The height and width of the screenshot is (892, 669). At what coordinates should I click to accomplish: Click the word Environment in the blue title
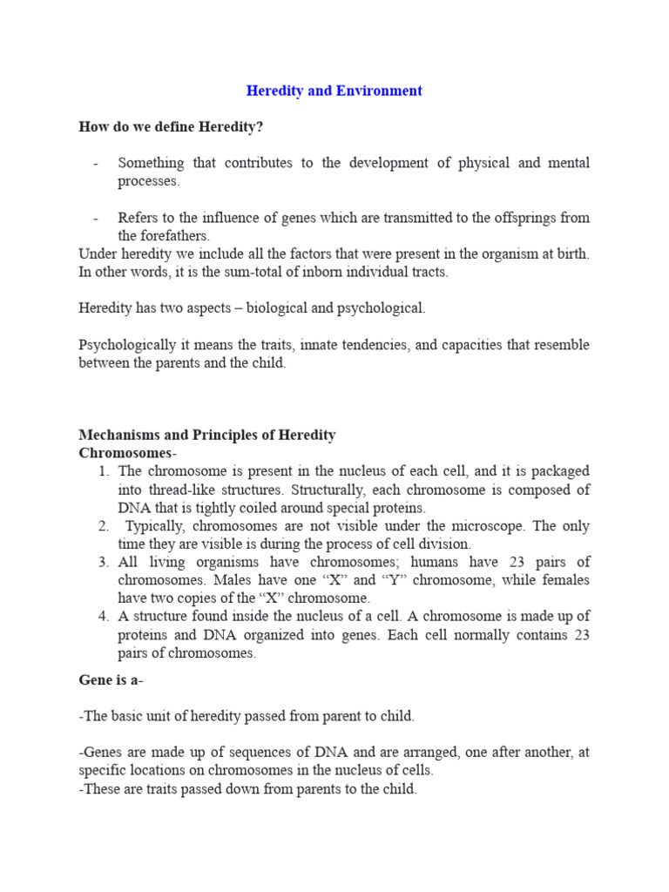(382, 91)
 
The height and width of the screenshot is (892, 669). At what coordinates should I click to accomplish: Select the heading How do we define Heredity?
(171, 127)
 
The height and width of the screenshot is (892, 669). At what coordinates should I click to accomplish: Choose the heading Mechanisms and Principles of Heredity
(207, 435)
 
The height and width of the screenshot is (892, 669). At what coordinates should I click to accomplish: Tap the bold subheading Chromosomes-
(128, 453)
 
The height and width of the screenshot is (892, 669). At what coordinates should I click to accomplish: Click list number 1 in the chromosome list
(103, 471)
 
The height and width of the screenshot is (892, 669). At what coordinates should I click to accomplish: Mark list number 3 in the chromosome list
(103, 562)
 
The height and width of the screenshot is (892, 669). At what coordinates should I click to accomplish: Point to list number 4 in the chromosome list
(103, 617)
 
